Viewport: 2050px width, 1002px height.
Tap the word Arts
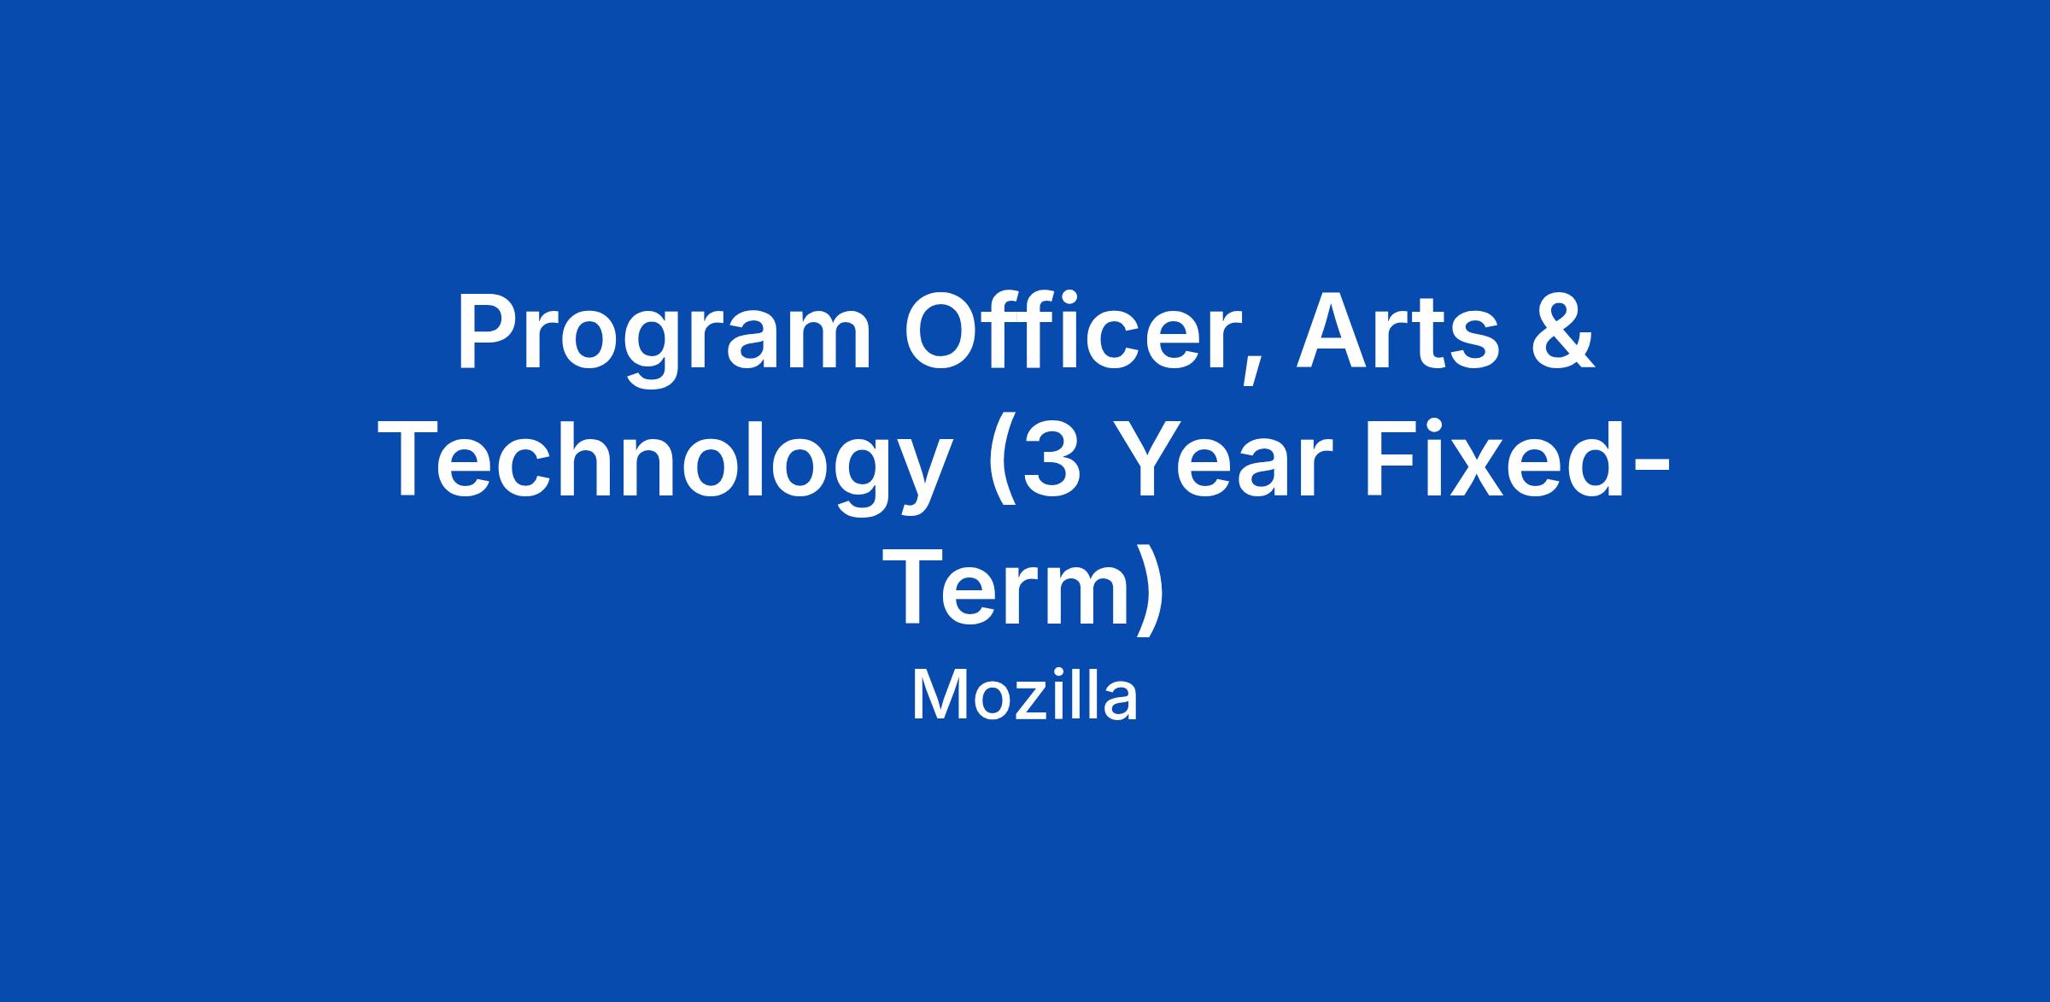coord(1398,334)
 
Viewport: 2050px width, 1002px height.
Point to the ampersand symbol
coord(1561,334)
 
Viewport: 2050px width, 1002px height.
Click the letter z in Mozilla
coord(1028,704)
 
